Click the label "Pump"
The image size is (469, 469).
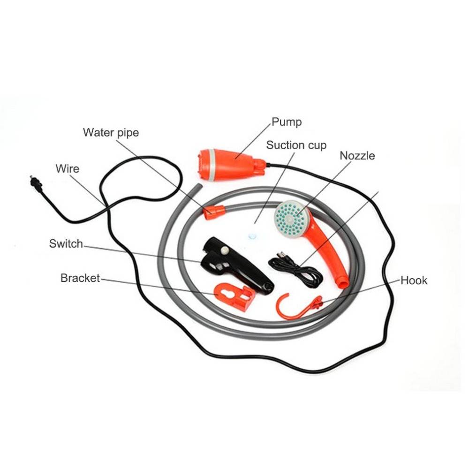(x=287, y=122)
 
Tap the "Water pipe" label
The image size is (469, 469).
(x=111, y=133)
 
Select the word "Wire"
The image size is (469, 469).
(x=67, y=169)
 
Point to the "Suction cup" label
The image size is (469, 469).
(x=296, y=145)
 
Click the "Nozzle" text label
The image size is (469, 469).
(x=357, y=156)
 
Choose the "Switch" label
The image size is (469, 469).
(x=66, y=244)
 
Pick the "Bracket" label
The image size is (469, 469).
(x=80, y=278)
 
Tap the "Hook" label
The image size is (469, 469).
(x=414, y=280)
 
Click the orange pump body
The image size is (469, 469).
(x=230, y=164)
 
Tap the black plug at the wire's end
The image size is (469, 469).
(x=37, y=183)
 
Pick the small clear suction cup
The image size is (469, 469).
(x=252, y=236)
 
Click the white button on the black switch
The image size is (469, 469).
(x=225, y=250)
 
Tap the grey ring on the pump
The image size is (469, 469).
(x=211, y=165)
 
